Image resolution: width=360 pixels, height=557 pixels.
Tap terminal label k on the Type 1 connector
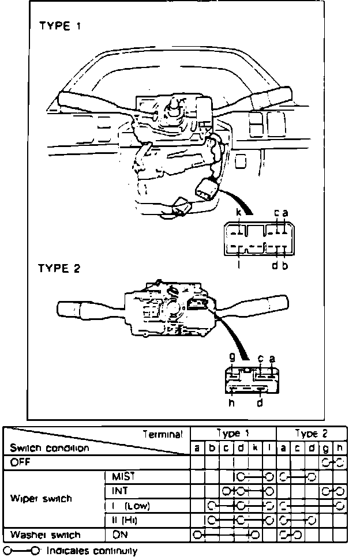[x=238, y=213]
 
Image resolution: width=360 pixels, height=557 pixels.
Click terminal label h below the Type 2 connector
[x=231, y=403]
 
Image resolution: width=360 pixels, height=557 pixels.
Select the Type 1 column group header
[x=233, y=434]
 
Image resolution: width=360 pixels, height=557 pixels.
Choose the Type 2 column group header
[x=312, y=434]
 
